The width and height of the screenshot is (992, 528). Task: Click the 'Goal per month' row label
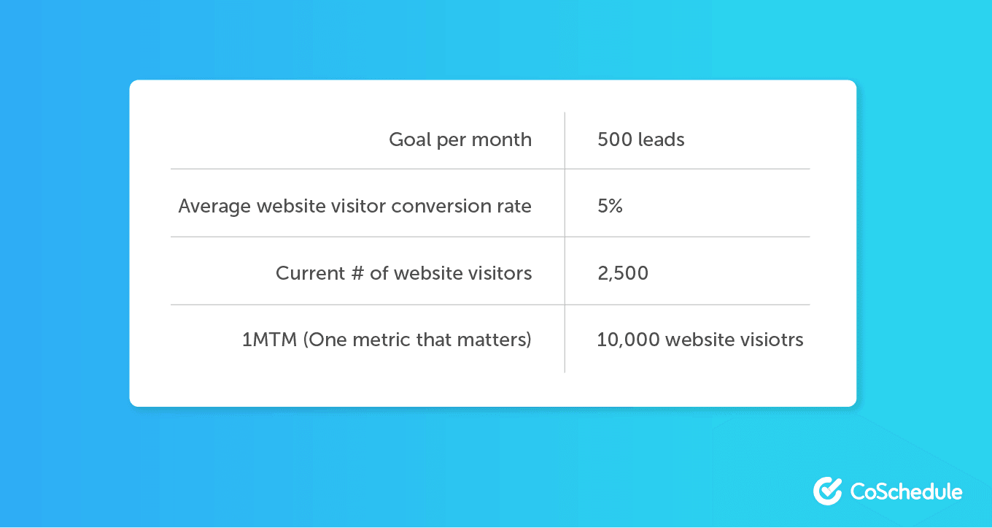(x=460, y=140)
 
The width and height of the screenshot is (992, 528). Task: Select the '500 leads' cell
(x=641, y=139)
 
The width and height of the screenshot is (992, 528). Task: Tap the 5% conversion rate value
(x=610, y=206)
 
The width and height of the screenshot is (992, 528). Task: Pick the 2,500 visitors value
(x=623, y=273)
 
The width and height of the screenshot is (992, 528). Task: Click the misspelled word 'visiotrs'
(x=772, y=340)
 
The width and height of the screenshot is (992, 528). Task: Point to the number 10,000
(x=629, y=340)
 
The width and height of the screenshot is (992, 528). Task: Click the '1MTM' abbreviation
(x=269, y=340)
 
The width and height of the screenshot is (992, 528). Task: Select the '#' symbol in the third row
(x=357, y=273)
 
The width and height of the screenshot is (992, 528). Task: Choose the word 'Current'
(x=310, y=273)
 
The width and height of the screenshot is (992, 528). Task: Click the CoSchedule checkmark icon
(x=828, y=491)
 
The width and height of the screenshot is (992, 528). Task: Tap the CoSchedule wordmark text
(x=906, y=491)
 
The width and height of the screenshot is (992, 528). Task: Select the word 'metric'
(x=381, y=340)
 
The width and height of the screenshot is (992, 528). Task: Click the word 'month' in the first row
(x=501, y=139)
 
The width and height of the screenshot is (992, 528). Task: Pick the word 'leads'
(x=662, y=139)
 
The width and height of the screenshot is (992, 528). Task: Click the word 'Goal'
(x=410, y=139)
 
